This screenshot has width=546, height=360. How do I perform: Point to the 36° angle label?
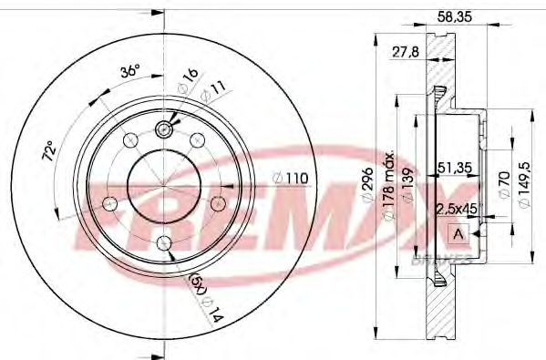pyautogui.click(x=131, y=71)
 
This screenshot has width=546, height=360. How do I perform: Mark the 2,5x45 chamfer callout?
pyautogui.click(x=457, y=208)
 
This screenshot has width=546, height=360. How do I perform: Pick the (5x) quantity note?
pyautogui.click(x=197, y=283)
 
